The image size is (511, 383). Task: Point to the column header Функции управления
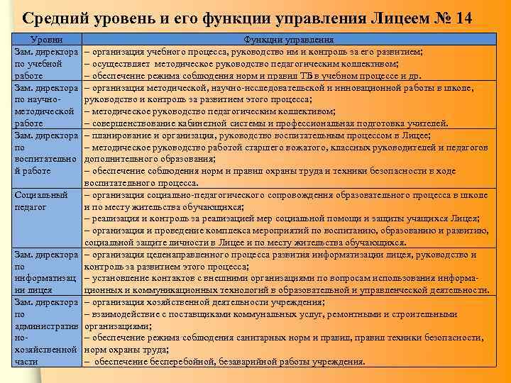(x=285, y=41)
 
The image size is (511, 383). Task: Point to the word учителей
(x=424, y=123)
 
